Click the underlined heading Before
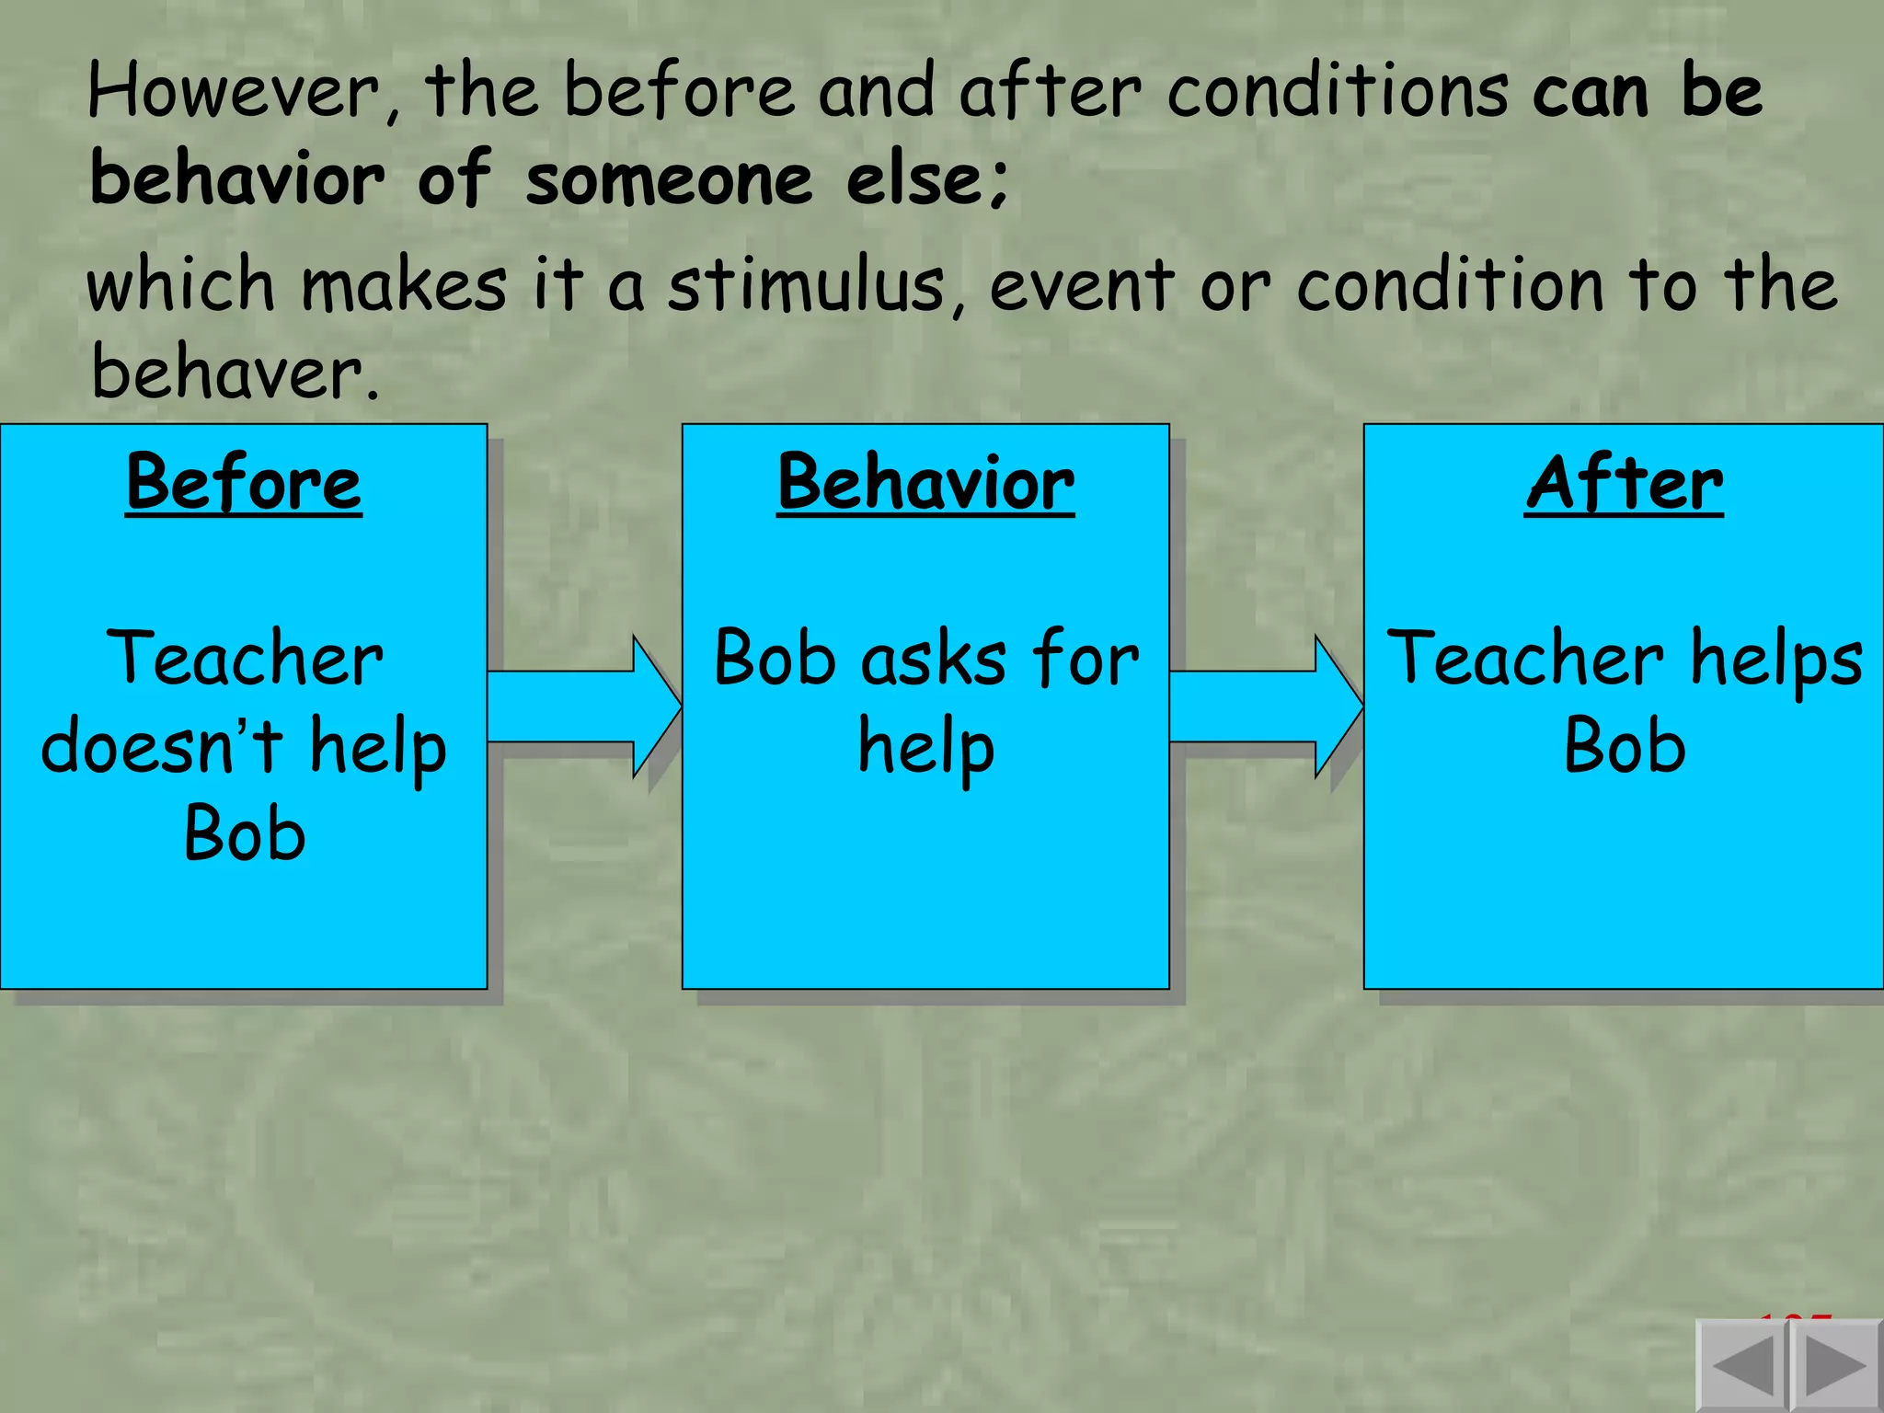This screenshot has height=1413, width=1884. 244,483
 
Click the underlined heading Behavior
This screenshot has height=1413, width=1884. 925,483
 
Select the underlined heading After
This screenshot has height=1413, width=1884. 1624,483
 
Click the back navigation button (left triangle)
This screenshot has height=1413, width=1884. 1741,1366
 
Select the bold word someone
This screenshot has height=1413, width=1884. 669,179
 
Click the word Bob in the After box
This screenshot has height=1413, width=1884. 1625,746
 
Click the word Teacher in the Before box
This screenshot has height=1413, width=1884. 245,659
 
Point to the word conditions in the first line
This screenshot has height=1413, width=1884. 1338,92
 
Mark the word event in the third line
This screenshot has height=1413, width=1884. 1082,285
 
